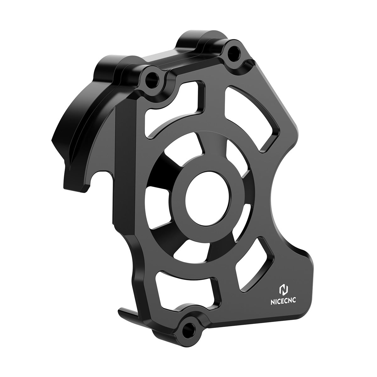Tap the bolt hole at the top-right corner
pos(234,50)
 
